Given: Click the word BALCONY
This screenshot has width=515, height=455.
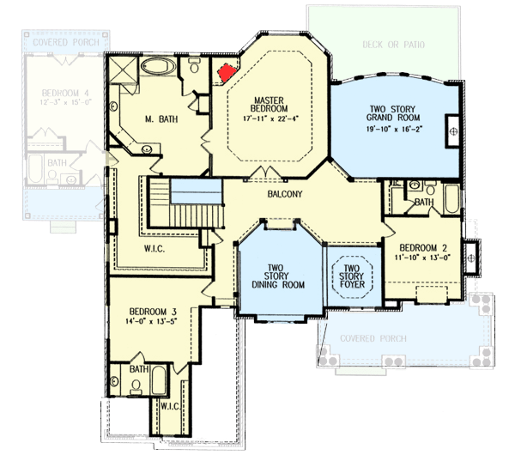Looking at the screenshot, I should tap(284, 195).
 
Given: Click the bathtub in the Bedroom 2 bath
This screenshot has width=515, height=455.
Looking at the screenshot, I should tap(451, 198).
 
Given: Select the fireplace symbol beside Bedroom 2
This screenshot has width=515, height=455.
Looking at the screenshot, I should tap(470, 252).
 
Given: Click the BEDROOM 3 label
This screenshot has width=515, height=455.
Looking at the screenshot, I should tap(154, 311).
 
